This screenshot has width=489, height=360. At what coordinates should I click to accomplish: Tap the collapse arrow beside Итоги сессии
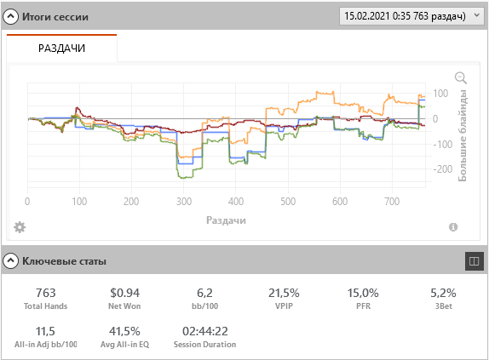10,16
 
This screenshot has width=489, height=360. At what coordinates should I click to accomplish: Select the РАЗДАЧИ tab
61,49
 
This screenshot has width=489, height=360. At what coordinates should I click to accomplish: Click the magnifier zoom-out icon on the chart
461,77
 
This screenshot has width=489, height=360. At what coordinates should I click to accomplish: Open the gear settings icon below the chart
20,227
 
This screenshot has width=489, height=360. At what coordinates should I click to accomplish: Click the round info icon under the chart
453,227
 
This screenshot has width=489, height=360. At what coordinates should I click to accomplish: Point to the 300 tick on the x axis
184,202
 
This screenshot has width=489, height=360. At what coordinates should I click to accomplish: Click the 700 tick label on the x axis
392,202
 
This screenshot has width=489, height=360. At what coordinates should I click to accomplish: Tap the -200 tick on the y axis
442,169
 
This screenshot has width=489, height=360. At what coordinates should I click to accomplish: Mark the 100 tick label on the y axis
440,93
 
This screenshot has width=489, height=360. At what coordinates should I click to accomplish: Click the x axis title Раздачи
226,220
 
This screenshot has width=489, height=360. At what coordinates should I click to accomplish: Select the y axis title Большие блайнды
463,135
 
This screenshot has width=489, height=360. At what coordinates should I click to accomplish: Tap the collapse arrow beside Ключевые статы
10,260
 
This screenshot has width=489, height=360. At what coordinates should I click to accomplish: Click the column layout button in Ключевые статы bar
474,261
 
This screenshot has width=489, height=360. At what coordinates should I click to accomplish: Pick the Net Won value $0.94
124,293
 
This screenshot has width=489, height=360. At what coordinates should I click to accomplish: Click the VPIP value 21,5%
284,293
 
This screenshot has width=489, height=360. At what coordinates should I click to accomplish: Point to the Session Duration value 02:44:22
205,331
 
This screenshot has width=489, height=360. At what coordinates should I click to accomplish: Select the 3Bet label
444,306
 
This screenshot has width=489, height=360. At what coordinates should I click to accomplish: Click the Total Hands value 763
45,293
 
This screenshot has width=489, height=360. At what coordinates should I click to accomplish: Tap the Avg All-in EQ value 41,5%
124,331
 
